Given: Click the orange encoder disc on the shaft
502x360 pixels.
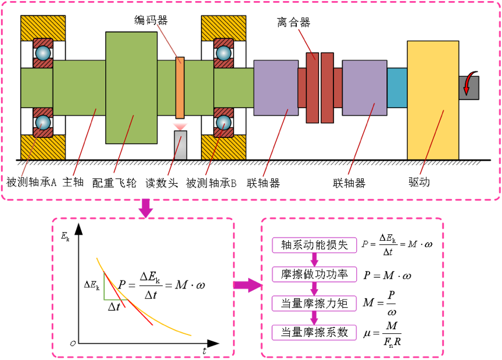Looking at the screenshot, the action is tap(180, 88).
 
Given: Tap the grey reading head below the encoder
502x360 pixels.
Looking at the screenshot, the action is tap(181, 145).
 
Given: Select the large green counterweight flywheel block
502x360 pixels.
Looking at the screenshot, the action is tap(131, 87).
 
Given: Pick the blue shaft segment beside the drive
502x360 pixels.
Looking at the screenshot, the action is tap(397, 87).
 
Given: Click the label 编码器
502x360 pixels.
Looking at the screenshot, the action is tap(151, 20).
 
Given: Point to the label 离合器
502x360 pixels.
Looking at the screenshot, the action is tap(293, 23).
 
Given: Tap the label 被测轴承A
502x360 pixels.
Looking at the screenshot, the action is tap(31, 183).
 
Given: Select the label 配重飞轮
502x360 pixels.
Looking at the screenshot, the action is tap(114, 183).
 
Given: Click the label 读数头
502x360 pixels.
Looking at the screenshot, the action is tap(162, 183).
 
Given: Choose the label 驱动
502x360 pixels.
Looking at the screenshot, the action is tap(419, 182).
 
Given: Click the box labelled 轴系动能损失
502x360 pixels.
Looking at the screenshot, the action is tap(314, 245).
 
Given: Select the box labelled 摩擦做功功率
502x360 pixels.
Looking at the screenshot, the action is tap(314, 275).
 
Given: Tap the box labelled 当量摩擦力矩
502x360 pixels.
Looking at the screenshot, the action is tap(314, 303).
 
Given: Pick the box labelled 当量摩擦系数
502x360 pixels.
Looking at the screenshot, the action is tap(314, 332).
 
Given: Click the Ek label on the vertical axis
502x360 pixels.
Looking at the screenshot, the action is tap(65, 237).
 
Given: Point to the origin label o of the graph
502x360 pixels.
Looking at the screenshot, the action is tap(73, 343).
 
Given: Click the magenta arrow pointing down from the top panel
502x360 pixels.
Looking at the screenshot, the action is tap(146, 208).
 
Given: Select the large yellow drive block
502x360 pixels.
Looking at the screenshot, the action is tap(433, 101).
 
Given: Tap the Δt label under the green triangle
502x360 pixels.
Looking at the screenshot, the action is tap(114, 307).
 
